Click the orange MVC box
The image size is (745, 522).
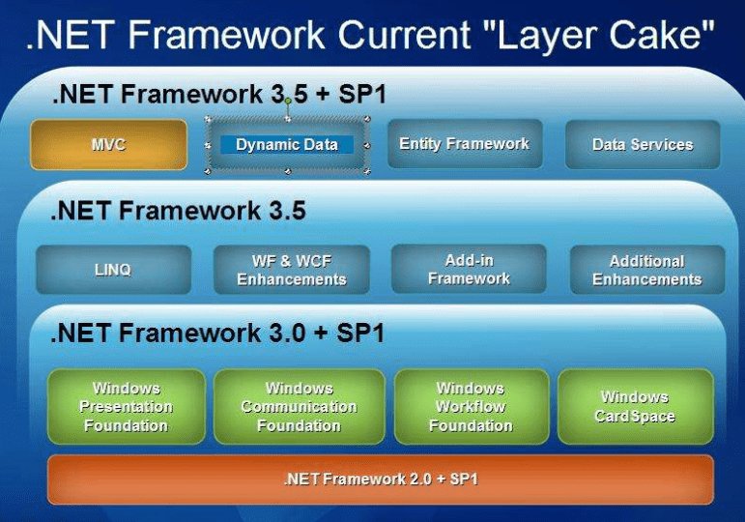(x=108, y=145)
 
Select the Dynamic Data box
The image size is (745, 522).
(x=287, y=145)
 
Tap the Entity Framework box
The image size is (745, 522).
(x=464, y=145)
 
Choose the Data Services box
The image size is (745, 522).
(x=643, y=145)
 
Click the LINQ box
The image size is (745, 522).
(x=113, y=270)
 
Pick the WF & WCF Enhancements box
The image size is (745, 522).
(x=291, y=270)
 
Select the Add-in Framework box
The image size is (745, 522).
(x=469, y=269)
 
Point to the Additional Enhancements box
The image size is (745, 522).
(x=646, y=270)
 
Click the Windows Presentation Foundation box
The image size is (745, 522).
(x=126, y=407)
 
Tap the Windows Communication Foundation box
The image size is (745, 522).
(x=299, y=407)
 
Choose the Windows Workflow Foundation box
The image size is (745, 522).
(x=470, y=407)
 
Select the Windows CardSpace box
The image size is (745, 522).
(x=635, y=407)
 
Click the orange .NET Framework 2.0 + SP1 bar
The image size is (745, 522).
(x=380, y=479)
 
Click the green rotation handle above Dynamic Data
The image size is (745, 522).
(x=287, y=101)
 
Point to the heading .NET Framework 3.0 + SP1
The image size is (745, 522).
(x=217, y=333)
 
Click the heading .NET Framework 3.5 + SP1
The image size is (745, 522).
(x=217, y=95)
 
